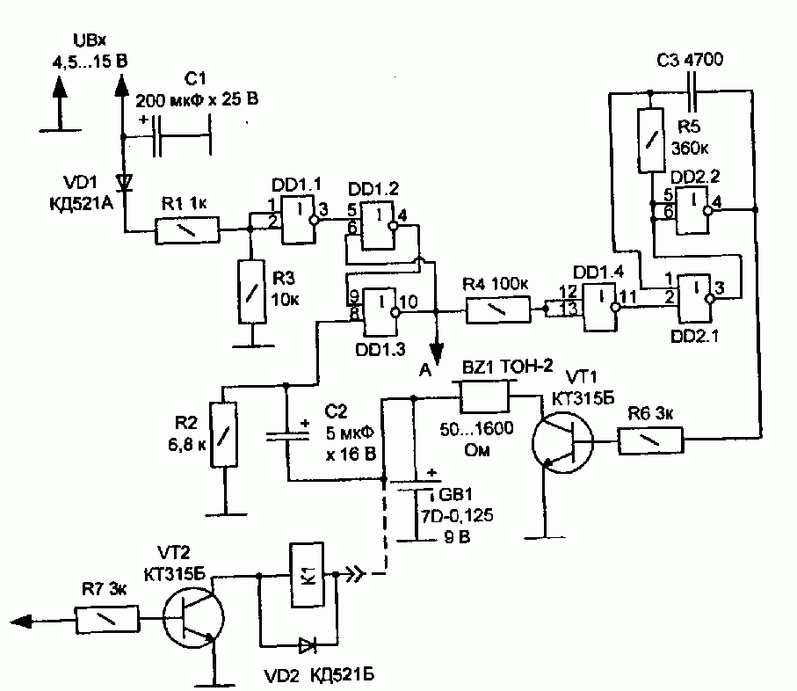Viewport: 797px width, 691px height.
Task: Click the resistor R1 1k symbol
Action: coord(187,230)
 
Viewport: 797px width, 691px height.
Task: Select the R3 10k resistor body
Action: coord(252,292)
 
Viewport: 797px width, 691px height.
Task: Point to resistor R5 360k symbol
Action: coord(651,141)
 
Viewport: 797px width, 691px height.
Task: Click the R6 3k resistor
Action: coord(650,440)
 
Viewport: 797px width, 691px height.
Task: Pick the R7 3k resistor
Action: coord(107,619)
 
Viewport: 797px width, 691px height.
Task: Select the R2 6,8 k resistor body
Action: coord(224,434)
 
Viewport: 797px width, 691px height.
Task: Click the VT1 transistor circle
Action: coord(562,442)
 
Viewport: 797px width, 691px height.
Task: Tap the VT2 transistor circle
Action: coord(193,618)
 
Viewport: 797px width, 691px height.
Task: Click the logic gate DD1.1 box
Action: coord(300,220)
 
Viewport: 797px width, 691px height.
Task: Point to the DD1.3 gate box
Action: coord(381,312)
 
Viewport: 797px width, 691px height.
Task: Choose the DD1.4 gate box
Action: coord(601,307)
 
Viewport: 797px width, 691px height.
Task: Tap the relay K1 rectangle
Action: coord(307,575)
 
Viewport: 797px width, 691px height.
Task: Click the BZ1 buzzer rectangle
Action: coord(484,396)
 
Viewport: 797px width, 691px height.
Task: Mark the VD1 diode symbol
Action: coord(124,182)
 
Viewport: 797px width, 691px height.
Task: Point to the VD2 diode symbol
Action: coord(307,646)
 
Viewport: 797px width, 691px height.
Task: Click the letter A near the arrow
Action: coord(425,370)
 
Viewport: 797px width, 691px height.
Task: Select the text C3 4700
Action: coord(690,60)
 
